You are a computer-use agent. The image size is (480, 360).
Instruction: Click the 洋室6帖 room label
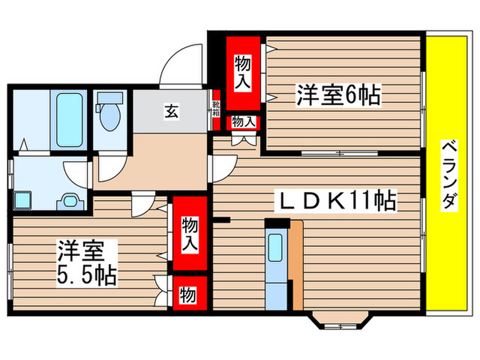(x=338, y=94)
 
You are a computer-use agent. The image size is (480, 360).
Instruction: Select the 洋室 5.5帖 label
(x=86, y=263)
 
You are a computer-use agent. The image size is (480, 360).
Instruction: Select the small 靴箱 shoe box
(x=216, y=110)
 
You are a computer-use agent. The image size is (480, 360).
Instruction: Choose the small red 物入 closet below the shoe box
(x=243, y=122)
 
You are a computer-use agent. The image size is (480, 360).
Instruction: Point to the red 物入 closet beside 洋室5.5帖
(x=189, y=234)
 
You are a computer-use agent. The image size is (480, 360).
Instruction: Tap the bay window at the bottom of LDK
(x=341, y=320)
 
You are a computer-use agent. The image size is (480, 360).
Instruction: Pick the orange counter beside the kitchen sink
(x=296, y=264)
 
